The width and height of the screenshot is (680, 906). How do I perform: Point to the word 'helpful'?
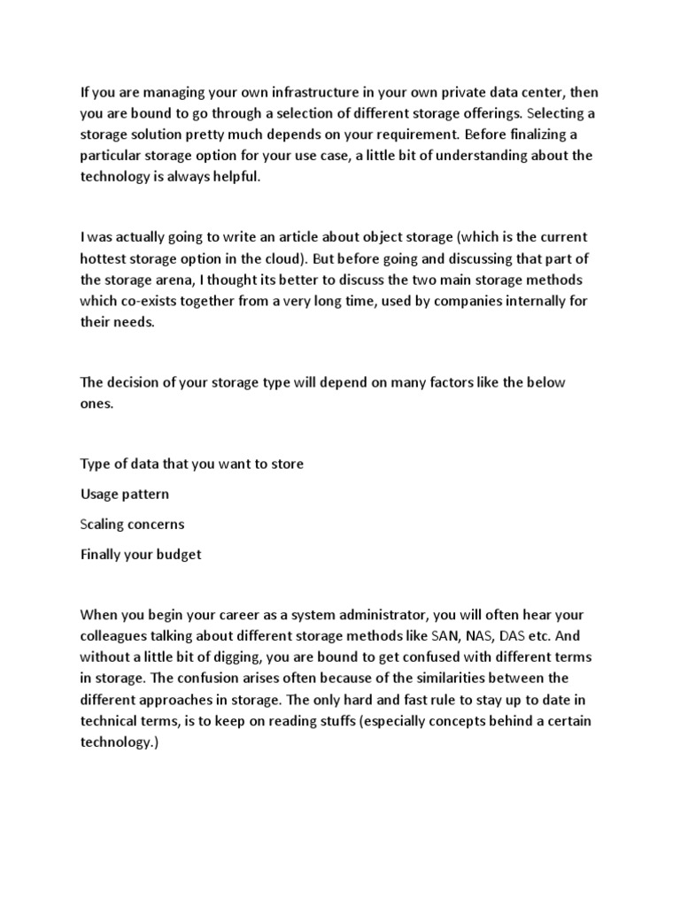click(x=233, y=177)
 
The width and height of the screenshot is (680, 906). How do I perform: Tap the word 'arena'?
click(x=174, y=280)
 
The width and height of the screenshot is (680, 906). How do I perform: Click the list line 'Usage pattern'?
click(x=124, y=494)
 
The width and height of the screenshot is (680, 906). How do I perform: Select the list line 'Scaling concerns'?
click(x=132, y=524)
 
